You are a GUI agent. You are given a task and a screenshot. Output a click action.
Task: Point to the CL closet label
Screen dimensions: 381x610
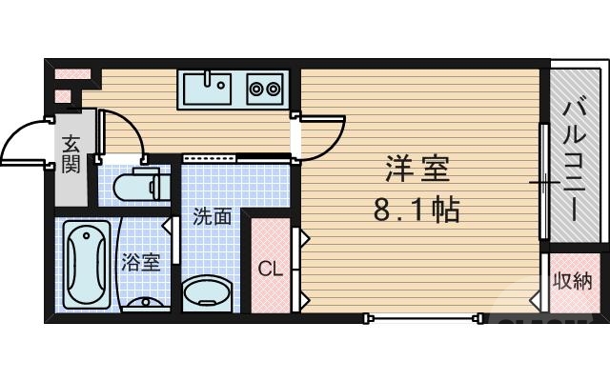click(x=271, y=269)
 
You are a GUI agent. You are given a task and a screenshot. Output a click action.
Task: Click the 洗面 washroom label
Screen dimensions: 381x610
click(x=212, y=217)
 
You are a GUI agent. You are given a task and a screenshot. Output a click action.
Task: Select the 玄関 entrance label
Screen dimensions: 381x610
click(x=71, y=154)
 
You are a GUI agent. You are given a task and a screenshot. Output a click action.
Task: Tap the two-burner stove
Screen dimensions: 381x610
click(x=264, y=90)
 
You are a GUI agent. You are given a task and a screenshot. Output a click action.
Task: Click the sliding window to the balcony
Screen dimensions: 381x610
click(x=543, y=181)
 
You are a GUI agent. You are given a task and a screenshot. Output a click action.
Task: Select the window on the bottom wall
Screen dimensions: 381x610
click(x=419, y=316)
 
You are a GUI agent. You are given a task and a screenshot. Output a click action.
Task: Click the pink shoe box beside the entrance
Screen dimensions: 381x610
click(x=71, y=73)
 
